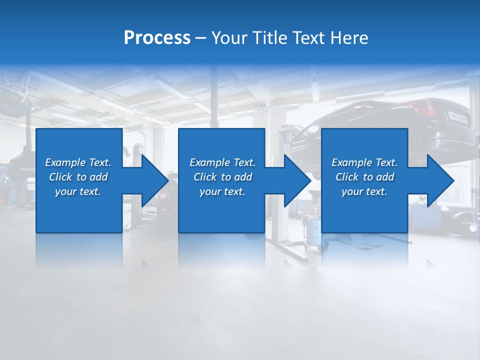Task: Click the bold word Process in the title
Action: tap(157, 38)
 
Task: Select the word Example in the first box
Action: tap(65, 162)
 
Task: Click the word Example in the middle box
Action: tap(209, 162)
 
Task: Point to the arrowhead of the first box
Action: tap(155, 180)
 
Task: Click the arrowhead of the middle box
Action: tap(297, 180)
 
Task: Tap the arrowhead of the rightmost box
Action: tap(440, 180)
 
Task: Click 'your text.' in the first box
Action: tap(78, 191)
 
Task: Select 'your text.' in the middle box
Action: tap(222, 191)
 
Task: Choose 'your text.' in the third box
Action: tap(364, 191)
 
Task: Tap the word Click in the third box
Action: tap(347, 177)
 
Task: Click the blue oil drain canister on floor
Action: tap(314, 232)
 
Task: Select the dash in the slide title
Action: tap(201, 38)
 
